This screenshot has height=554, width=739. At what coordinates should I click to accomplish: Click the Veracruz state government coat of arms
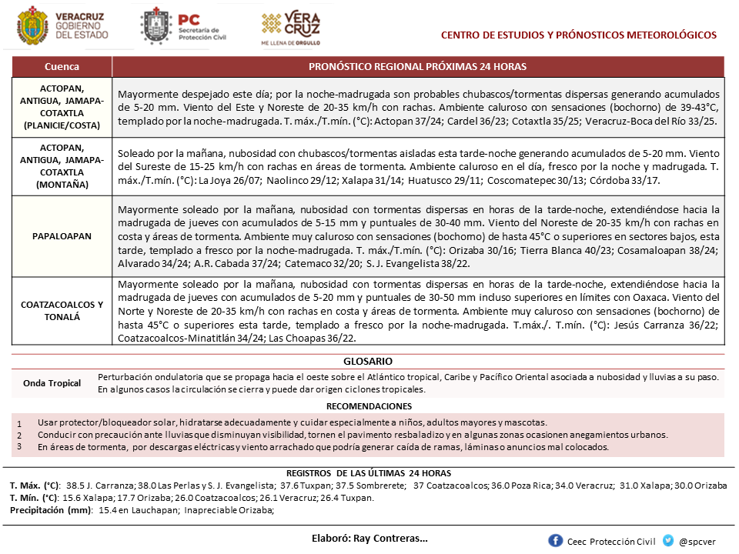tap(31, 25)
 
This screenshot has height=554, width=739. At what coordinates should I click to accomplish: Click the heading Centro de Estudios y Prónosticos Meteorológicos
tap(578, 35)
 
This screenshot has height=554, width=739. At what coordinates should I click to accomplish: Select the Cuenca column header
tap(62, 67)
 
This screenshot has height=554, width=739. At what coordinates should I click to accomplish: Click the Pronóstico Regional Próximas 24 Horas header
tap(417, 67)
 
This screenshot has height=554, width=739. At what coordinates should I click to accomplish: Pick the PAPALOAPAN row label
tap(62, 236)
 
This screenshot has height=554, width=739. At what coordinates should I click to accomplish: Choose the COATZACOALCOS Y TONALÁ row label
tap(62, 310)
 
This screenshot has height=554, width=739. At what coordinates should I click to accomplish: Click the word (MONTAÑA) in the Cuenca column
tap(62, 185)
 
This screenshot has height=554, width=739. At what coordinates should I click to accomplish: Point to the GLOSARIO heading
tap(368, 361)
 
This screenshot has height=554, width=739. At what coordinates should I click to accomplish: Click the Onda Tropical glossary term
tap(52, 383)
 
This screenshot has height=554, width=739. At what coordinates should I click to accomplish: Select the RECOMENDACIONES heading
tap(369, 406)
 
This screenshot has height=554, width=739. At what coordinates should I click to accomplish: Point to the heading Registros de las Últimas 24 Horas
tap(368, 473)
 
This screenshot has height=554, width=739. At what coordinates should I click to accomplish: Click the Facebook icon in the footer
tap(555, 541)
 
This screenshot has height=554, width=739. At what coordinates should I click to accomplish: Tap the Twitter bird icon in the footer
tap(667, 541)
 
